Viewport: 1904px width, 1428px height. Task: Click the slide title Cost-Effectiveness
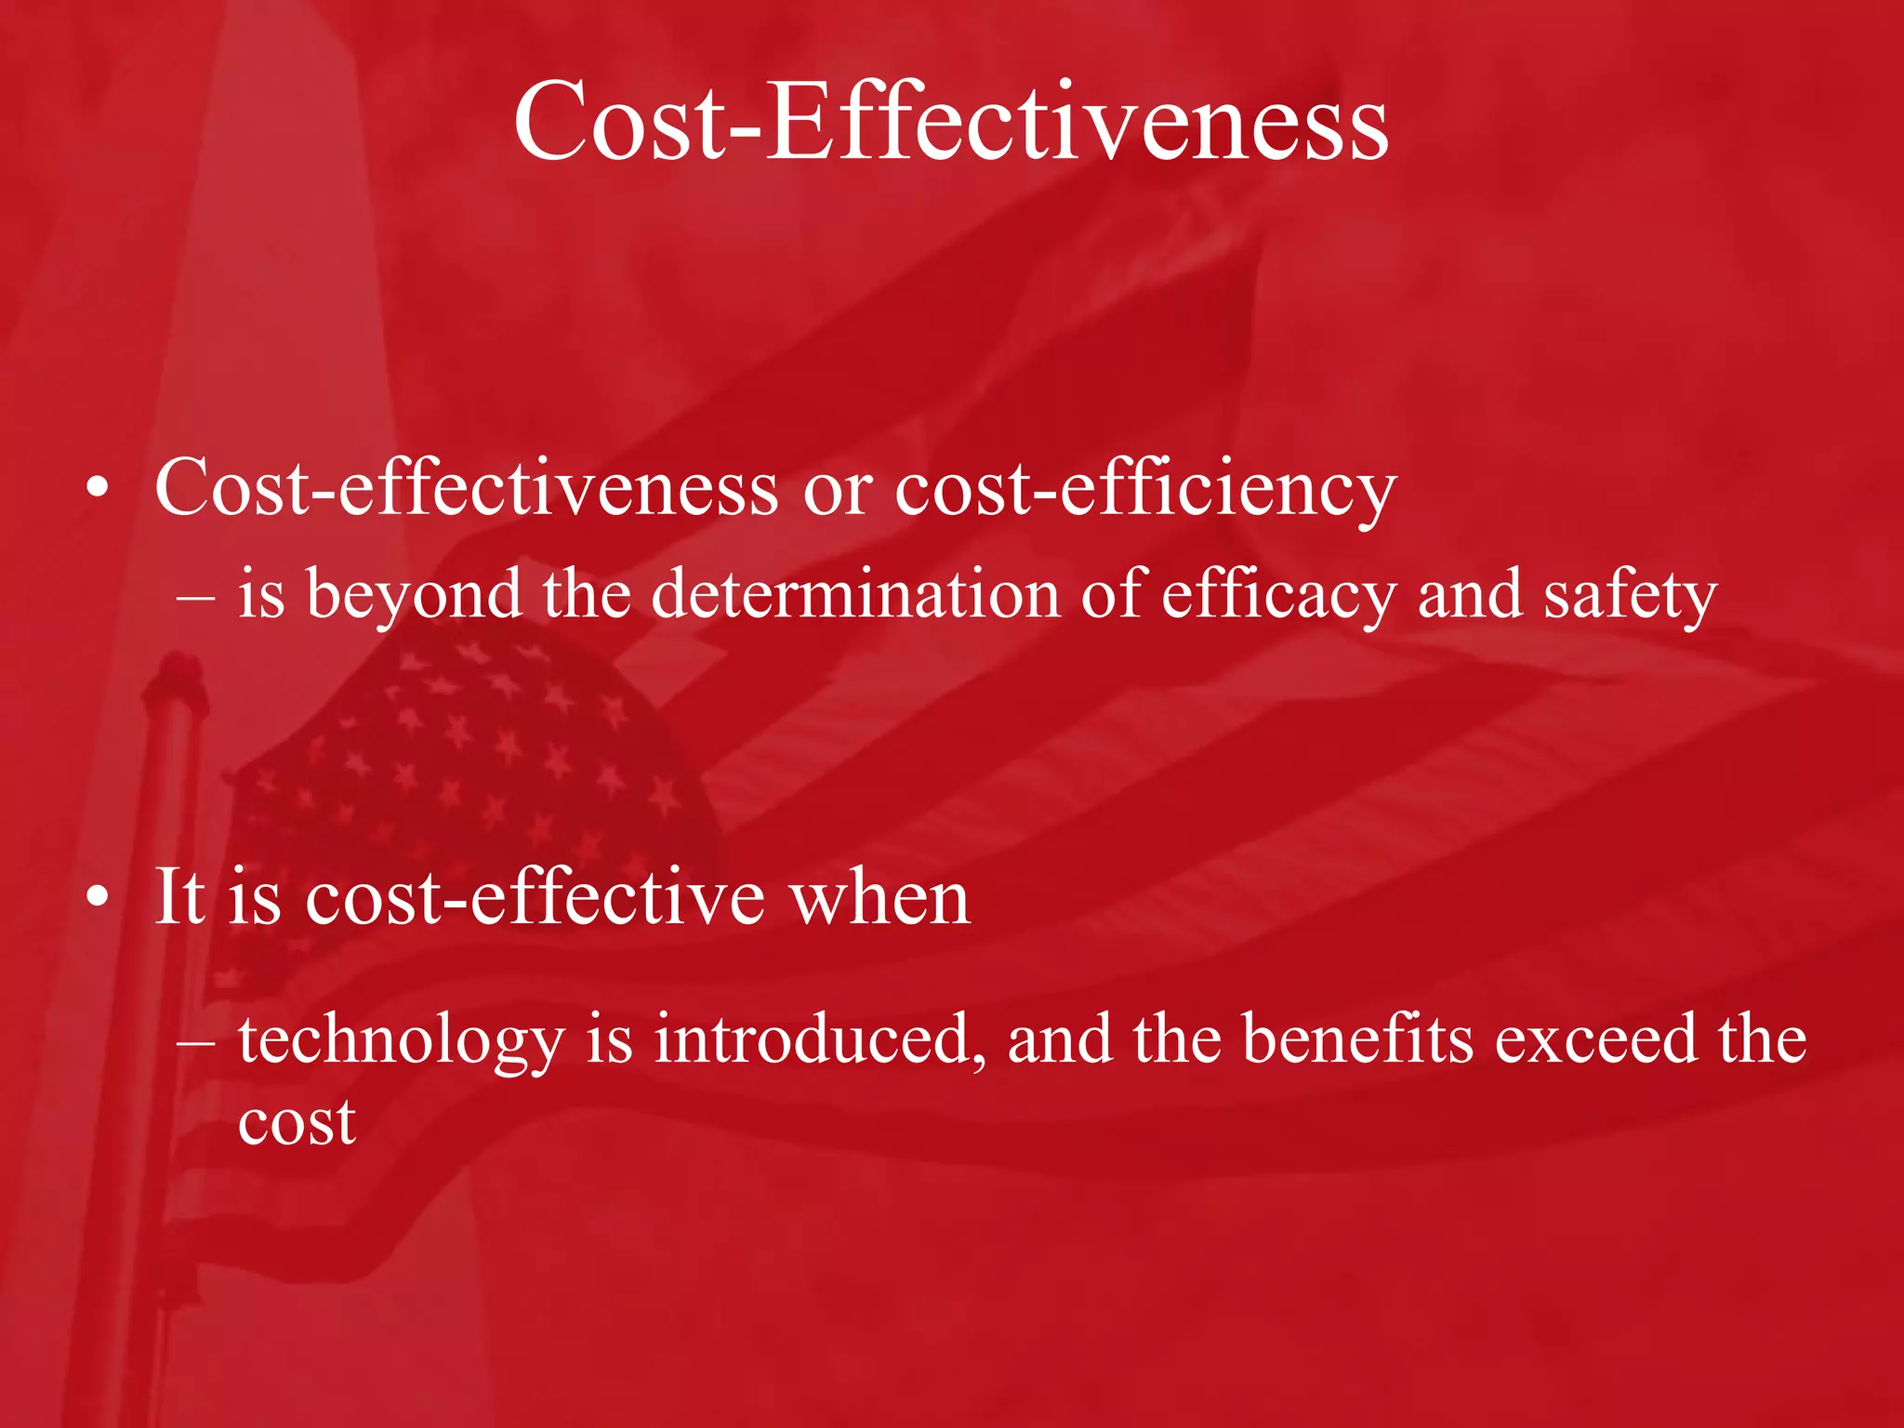pos(950,122)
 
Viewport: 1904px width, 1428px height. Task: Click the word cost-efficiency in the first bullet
pos(1145,488)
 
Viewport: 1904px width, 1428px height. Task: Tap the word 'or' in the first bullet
pos(838,490)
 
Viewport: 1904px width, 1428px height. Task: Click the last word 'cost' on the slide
pos(297,1122)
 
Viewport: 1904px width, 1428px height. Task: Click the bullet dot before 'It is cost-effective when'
pos(98,897)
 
